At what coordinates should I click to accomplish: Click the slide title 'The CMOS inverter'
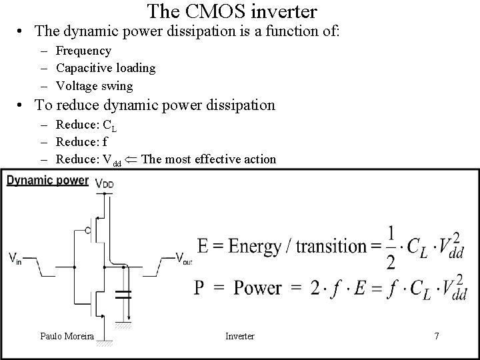click(x=232, y=11)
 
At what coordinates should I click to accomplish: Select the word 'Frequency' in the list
click(x=83, y=51)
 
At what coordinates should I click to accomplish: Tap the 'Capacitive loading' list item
click(x=105, y=68)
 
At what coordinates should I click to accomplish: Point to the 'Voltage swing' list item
click(x=94, y=86)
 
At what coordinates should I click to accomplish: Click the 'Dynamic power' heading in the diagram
click(x=47, y=180)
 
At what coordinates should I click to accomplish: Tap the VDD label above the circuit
click(x=105, y=182)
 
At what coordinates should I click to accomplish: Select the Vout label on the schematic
click(x=184, y=258)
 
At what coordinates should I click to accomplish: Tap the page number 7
click(x=436, y=336)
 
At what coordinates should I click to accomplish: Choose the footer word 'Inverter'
click(x=239, y=336)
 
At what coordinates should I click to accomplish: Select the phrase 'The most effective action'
click(x=209, y=159)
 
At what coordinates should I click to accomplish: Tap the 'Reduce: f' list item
click(x=82, y=141)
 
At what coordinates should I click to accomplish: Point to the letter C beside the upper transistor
click(x=88, y=230)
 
